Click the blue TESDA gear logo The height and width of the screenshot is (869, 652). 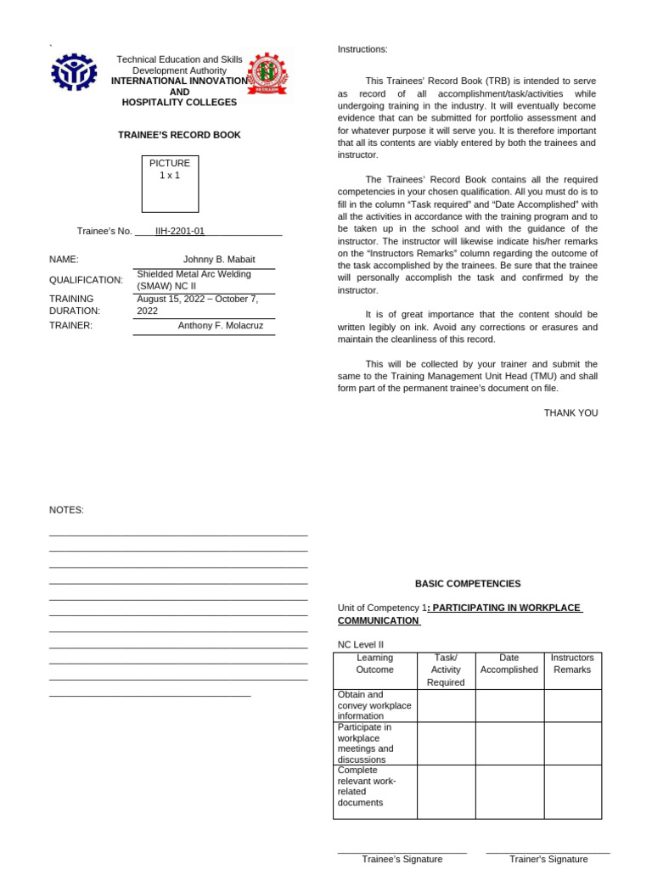pyautogui.click(x=74, y=73)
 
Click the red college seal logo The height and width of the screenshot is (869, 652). pyautogui.click(x=267, y=74)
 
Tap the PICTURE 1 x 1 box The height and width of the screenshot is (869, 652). pyautogui.click(x=170, y=183)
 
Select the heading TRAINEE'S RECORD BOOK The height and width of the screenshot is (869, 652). pyautogui.click(x=179, y=135)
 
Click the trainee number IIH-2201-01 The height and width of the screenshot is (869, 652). pyautogui.click(x=179, y=231)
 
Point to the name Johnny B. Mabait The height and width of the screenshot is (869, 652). pyautogui.click(x=218, y=260)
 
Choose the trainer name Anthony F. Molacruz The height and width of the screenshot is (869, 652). pyautogui.click(x=221, y=325)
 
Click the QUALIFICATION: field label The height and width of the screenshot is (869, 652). pyautogui.click(x=86, y=280)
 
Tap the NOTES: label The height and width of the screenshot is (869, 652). pyautogui.click(x=66, y=510)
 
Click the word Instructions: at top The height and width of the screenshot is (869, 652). pyautogui.click(x=363, y=50)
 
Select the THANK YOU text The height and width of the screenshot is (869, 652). pyautogui.click(x=570, y=413)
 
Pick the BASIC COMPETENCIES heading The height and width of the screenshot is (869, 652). pyautogui.click(x=468, y=584)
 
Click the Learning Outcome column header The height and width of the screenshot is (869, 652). pyautogui.click(x=374, y=664)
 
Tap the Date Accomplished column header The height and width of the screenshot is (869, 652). pyautogui.click(x=509, y=664)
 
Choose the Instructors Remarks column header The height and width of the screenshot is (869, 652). pyautogui.click(x=572, y=664)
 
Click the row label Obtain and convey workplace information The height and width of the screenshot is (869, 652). pyautogui.click(x=374, y=705)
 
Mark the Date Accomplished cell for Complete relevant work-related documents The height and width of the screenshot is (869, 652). pyautogui.click(x=509, y=791)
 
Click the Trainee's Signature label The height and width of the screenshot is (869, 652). pyautogui.click(x=402, y=859)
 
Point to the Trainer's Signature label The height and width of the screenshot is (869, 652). pyautogui.click(x=548, y=859)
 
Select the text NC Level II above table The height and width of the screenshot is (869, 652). pyautogui.click(x=361, y=645)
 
